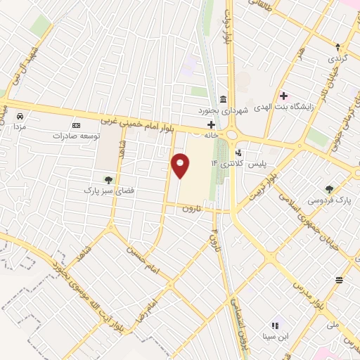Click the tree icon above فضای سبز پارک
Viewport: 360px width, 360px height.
click(108, 180)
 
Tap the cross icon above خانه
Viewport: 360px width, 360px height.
click(211, 124)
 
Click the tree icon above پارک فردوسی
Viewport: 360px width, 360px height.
click(330, 188)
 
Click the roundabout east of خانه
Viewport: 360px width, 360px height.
click(229, 134)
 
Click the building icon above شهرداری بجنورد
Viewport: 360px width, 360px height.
click(223, 98)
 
